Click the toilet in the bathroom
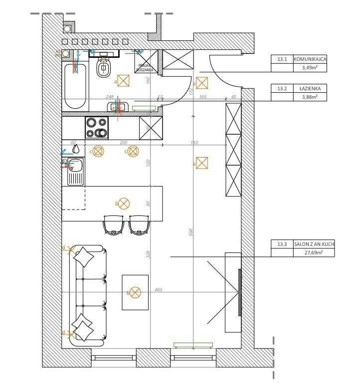(x=104, y=67)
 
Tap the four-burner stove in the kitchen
(x=97, y=127)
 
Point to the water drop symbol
(x=76, y=148)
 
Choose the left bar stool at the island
(x=113, y=225)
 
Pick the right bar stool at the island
(x=139, y=225)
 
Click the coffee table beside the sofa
(x=135, y=292)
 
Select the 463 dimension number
(x=159, y=289)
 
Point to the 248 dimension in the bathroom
(x=110, y=97)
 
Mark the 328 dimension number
(x=148, y=254)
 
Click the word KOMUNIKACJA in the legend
(x=310, y=59)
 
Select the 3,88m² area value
(x=309, y=97)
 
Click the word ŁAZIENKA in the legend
(x=310, y=88)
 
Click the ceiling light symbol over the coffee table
(x=135, y=293)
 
